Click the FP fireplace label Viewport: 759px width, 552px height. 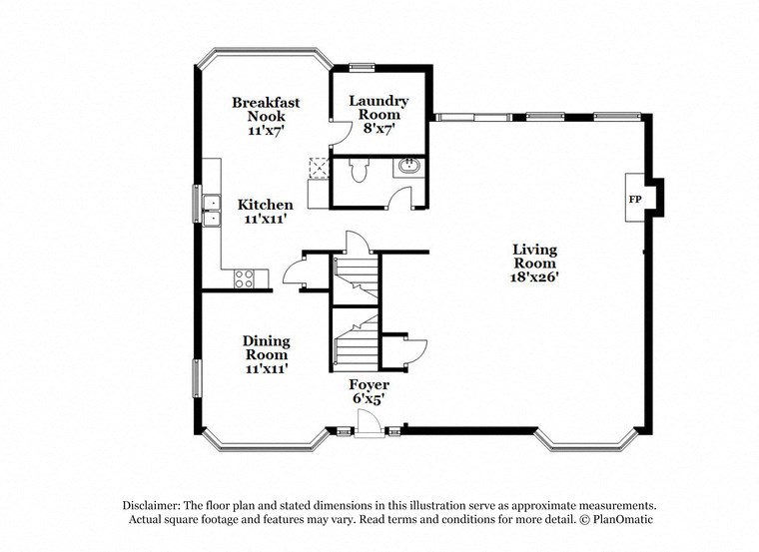[x=634, y=199]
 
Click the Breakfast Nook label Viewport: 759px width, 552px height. [x=266, y=109]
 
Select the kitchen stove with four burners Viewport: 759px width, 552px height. [x=245, y=278]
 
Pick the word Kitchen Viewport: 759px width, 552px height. [x=266, y=205]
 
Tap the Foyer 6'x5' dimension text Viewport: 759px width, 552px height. [x=369, y=399]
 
